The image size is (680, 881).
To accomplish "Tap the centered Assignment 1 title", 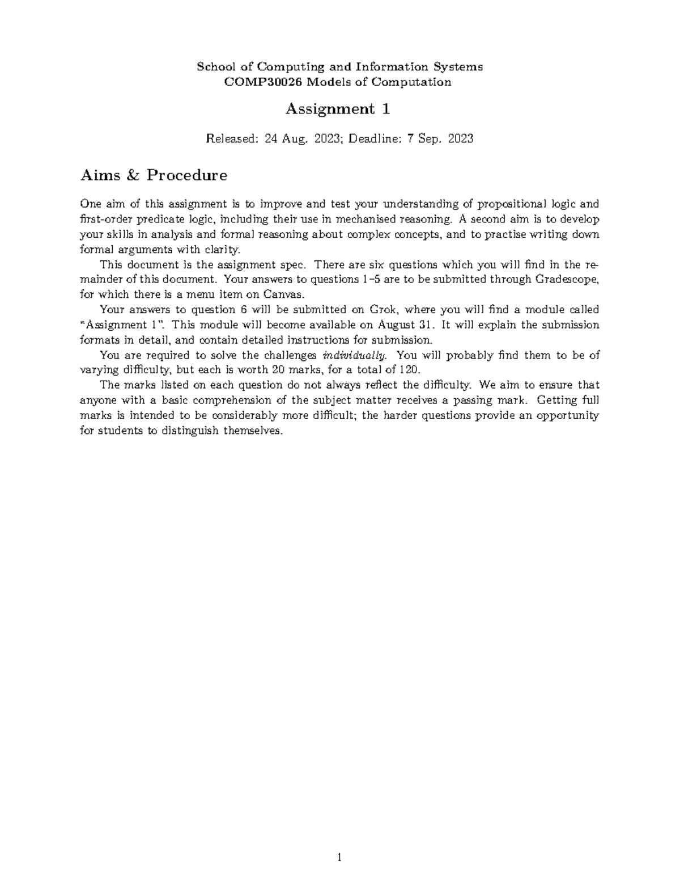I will coord(338,109).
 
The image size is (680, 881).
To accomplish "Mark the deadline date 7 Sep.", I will coord(424,138).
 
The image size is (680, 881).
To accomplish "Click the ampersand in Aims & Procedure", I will coord(133,175).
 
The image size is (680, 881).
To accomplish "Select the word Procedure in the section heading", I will coord(187,175).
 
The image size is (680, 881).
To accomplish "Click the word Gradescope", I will coord(567,279).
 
